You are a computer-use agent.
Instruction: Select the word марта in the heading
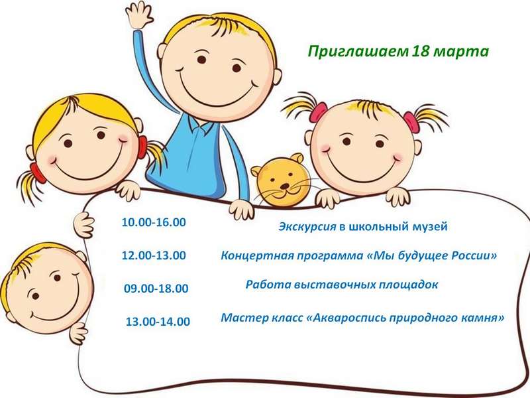click(x=460, y=52)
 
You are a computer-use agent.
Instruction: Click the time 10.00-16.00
click(x=154, y=222)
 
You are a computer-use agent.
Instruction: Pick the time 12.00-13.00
click(x=154, y=255)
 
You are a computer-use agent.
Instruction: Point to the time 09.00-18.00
click(x=156, y=289)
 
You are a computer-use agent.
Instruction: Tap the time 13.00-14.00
click(x=158, y=321)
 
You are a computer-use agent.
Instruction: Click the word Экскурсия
click(x=307, y=226)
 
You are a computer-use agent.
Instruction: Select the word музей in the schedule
click(x=430, y=226)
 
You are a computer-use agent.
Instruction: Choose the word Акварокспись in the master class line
click(x=348, y=318)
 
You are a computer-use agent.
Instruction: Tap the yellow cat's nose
click(x=286, y=186)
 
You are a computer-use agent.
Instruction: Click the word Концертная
click(x=257, y=255)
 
